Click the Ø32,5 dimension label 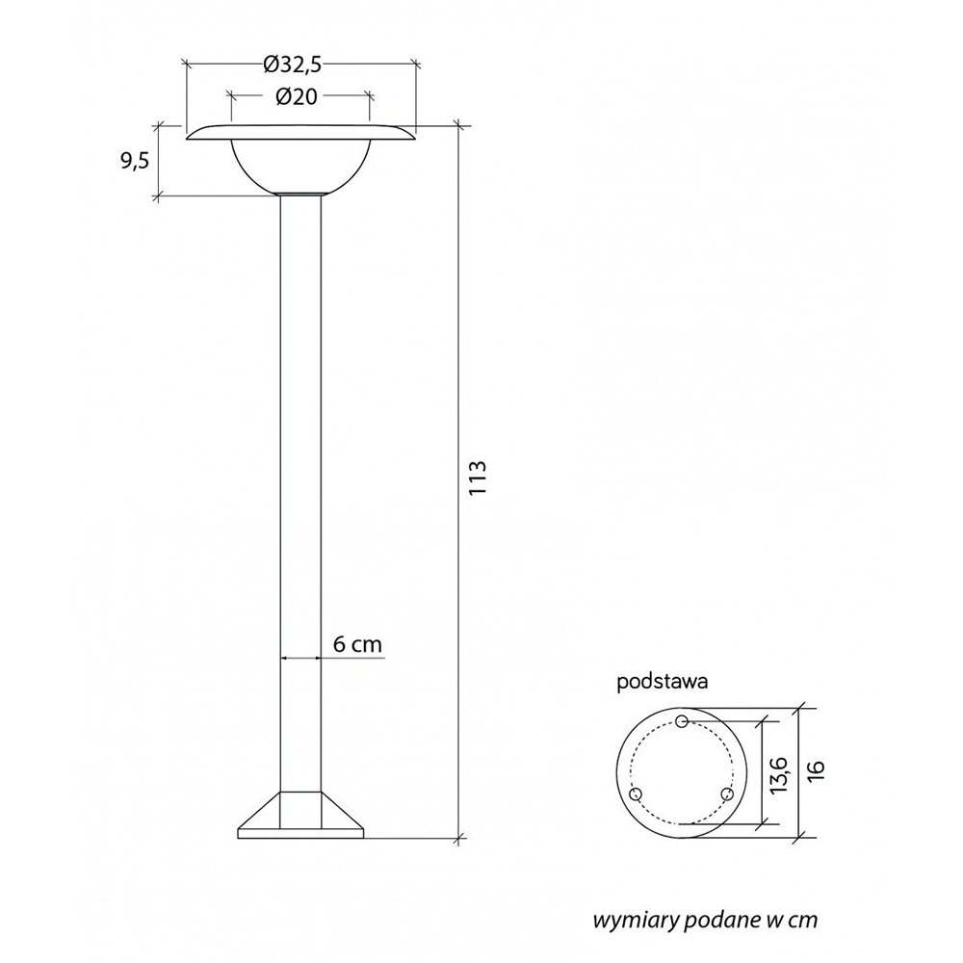(x=293, y=64)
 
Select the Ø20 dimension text (x=297, y=96)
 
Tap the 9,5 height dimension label (x=135, y=161)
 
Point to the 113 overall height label (x=478, y=478)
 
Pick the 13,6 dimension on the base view (x=778, y=775)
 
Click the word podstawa (x=663, y=682)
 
